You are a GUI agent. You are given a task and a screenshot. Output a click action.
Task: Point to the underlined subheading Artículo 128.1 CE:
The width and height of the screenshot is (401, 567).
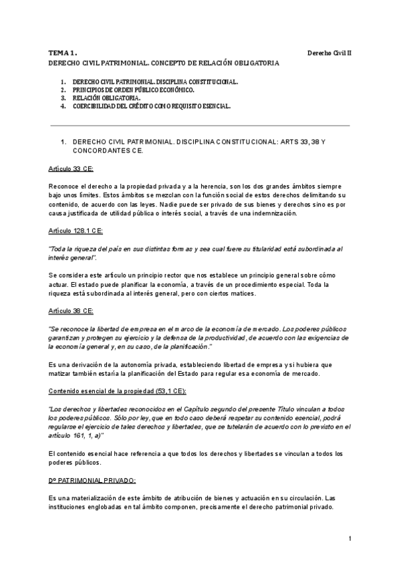75,230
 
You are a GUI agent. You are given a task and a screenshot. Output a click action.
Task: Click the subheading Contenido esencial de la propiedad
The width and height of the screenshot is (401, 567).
108,390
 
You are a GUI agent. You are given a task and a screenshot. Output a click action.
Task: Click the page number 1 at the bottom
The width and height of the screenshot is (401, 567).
350,539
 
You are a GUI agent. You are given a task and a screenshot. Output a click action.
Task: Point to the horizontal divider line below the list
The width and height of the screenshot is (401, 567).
200,125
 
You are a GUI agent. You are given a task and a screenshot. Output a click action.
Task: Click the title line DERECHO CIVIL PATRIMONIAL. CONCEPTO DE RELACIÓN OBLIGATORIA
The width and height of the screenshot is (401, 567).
164,62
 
